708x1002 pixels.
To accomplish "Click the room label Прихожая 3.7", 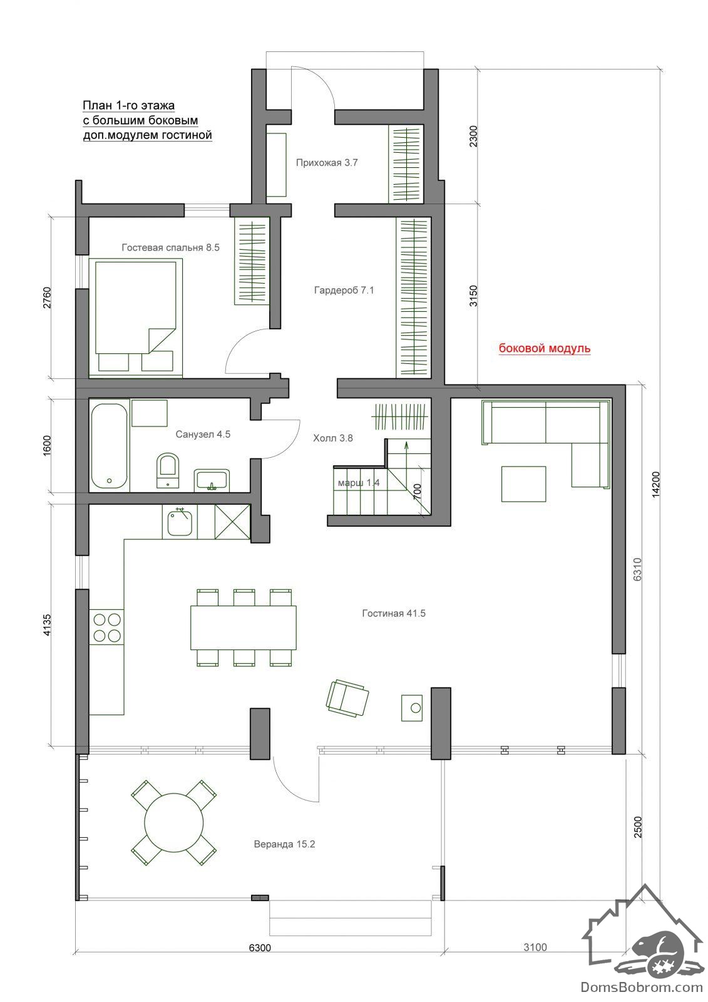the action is coord(327,162).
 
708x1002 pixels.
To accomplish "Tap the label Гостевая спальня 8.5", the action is coord(170,247).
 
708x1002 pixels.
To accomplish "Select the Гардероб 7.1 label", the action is coord(344,290).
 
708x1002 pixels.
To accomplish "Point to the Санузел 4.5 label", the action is coord(203,434).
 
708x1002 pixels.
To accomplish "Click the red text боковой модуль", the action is coord(545,348).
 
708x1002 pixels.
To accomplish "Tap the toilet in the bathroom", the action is coord(168,470).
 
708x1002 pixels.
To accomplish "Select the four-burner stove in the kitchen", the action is coord(106,627).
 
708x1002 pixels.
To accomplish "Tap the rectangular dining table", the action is coord(244,628).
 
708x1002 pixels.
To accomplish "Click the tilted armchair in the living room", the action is coord(347,699).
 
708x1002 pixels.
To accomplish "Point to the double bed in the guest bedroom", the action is coord(135,317).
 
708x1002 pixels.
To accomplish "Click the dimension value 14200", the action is coord(655,484).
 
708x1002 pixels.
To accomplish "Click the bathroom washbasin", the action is coord(212,480).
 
